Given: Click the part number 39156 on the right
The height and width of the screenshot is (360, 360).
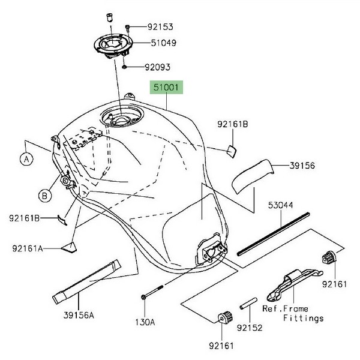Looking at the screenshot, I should tap(303, 164).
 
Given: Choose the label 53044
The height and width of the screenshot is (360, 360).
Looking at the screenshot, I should tap(280, 205).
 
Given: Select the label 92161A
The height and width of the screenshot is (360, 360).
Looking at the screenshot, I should tap(27, 247).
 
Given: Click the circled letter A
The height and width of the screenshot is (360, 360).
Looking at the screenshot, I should tap(26, 160).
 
